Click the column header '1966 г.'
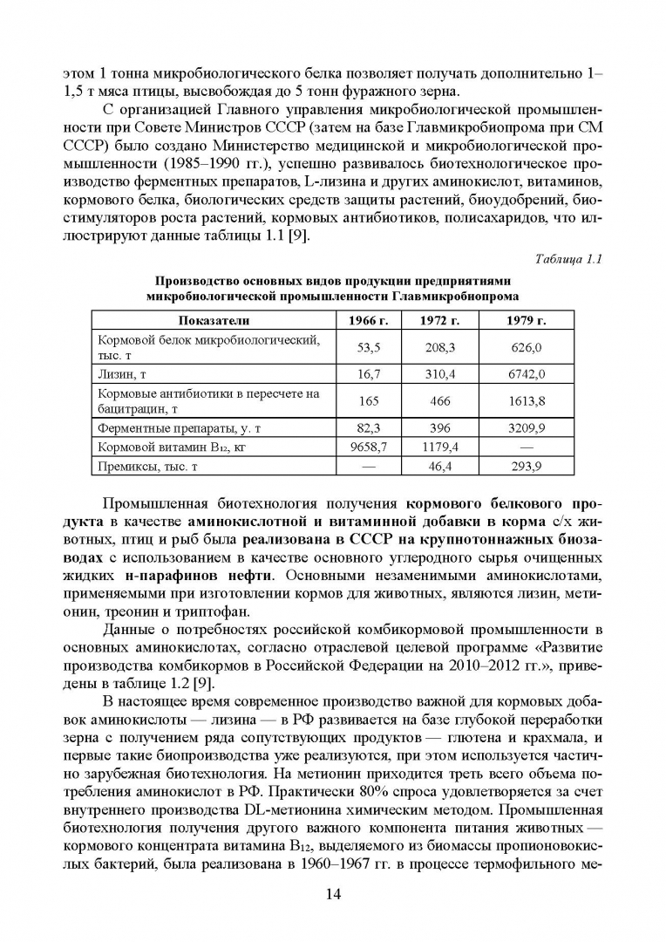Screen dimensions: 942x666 click(x=367, y=320)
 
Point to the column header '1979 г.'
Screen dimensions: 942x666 click(x=526, y=320)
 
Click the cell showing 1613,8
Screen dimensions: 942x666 click(x=526, y=400)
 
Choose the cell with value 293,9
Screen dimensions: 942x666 click(x=526, y=466)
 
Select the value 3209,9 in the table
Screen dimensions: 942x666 click(x=526, y=428)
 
